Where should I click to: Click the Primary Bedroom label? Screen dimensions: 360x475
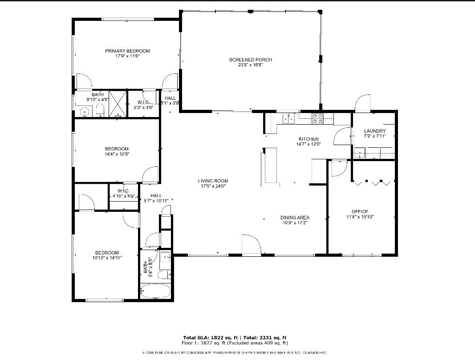[127, 51]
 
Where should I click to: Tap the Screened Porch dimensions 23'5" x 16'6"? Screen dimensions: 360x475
[250, 65]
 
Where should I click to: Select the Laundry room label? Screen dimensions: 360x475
[374, 131]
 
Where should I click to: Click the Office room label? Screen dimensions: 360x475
[360, 212]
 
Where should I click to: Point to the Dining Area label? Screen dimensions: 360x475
[295, 218]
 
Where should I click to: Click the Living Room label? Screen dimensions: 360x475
[213, 181]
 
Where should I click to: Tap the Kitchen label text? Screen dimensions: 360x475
[308, 139]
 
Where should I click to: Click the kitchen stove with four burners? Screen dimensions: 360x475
[317, 118]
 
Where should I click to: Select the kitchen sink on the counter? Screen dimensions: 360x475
[288, 118]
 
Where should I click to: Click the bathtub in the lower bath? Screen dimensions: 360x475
[155, 292]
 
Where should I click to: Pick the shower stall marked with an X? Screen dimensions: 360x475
[118, 104]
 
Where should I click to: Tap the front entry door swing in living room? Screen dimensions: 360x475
[251, 244]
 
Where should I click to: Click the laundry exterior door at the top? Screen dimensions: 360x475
[363, 103]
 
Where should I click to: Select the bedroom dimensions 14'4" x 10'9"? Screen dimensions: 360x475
[117, 154]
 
